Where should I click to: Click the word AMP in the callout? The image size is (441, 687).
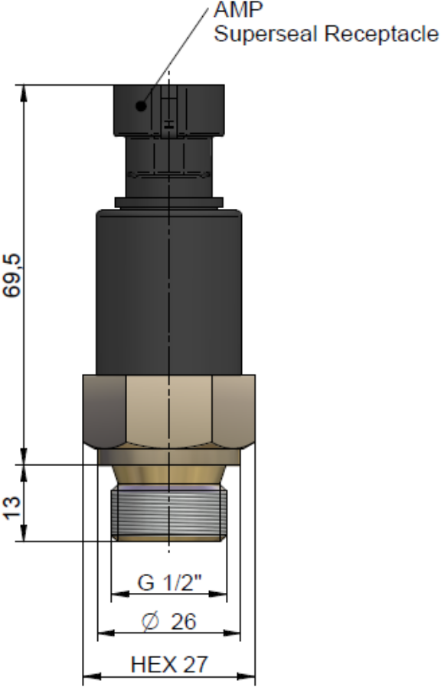click(x=238, y=10)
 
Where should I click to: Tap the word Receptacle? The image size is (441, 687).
click(x=382, y=34)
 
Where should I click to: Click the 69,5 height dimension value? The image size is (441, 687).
click(x=12, y=276)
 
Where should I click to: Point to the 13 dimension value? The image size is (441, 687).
click(x=12, y=508)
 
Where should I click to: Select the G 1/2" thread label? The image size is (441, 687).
click(x=169, y=582)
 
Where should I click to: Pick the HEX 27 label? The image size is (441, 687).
click(x=169, y=664)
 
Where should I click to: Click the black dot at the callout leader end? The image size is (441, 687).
click(x=141, y=106)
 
